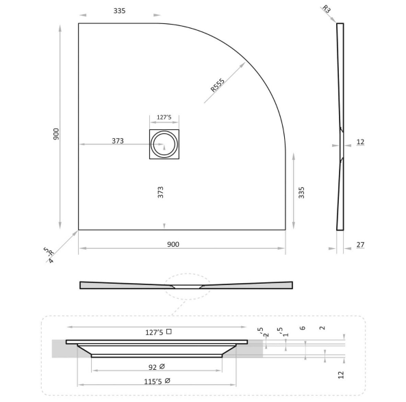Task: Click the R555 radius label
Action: (218, 85)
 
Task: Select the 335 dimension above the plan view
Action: (120, 12)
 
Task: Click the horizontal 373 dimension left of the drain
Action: (117, 141)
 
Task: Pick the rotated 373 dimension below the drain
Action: (161, 193)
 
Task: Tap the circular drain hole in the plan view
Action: (164, 144)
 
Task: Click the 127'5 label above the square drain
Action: (164, 116)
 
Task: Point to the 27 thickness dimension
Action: (360, 245)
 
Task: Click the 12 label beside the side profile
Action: (360, 142)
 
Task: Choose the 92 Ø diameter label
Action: (157, 367)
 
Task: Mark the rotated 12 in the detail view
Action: (340, 374)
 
